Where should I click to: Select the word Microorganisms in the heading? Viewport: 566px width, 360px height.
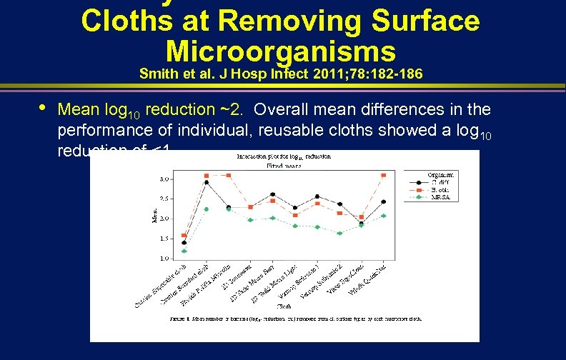tap(280, 51)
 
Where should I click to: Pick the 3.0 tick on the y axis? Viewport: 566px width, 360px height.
tap(165, 179)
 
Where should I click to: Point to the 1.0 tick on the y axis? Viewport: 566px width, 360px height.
tap(165, 258)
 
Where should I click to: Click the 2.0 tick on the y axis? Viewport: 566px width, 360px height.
tap(165, 219)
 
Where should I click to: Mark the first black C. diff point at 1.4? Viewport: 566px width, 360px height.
tap(184, 243)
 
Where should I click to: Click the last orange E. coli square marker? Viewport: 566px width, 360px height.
tap(384, 175)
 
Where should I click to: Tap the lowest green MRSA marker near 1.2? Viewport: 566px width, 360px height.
tap(184, 251)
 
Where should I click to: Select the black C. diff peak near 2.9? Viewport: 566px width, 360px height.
tap(207, 182)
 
